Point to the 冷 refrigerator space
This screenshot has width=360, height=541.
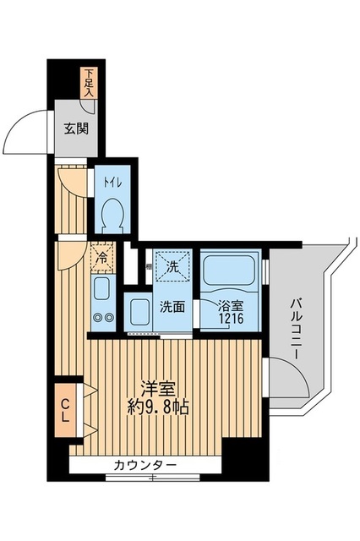click(x=101, y=259)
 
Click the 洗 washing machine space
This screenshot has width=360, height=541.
click(x=172, y=267)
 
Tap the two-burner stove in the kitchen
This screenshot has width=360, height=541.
click(x=102, y=318)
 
